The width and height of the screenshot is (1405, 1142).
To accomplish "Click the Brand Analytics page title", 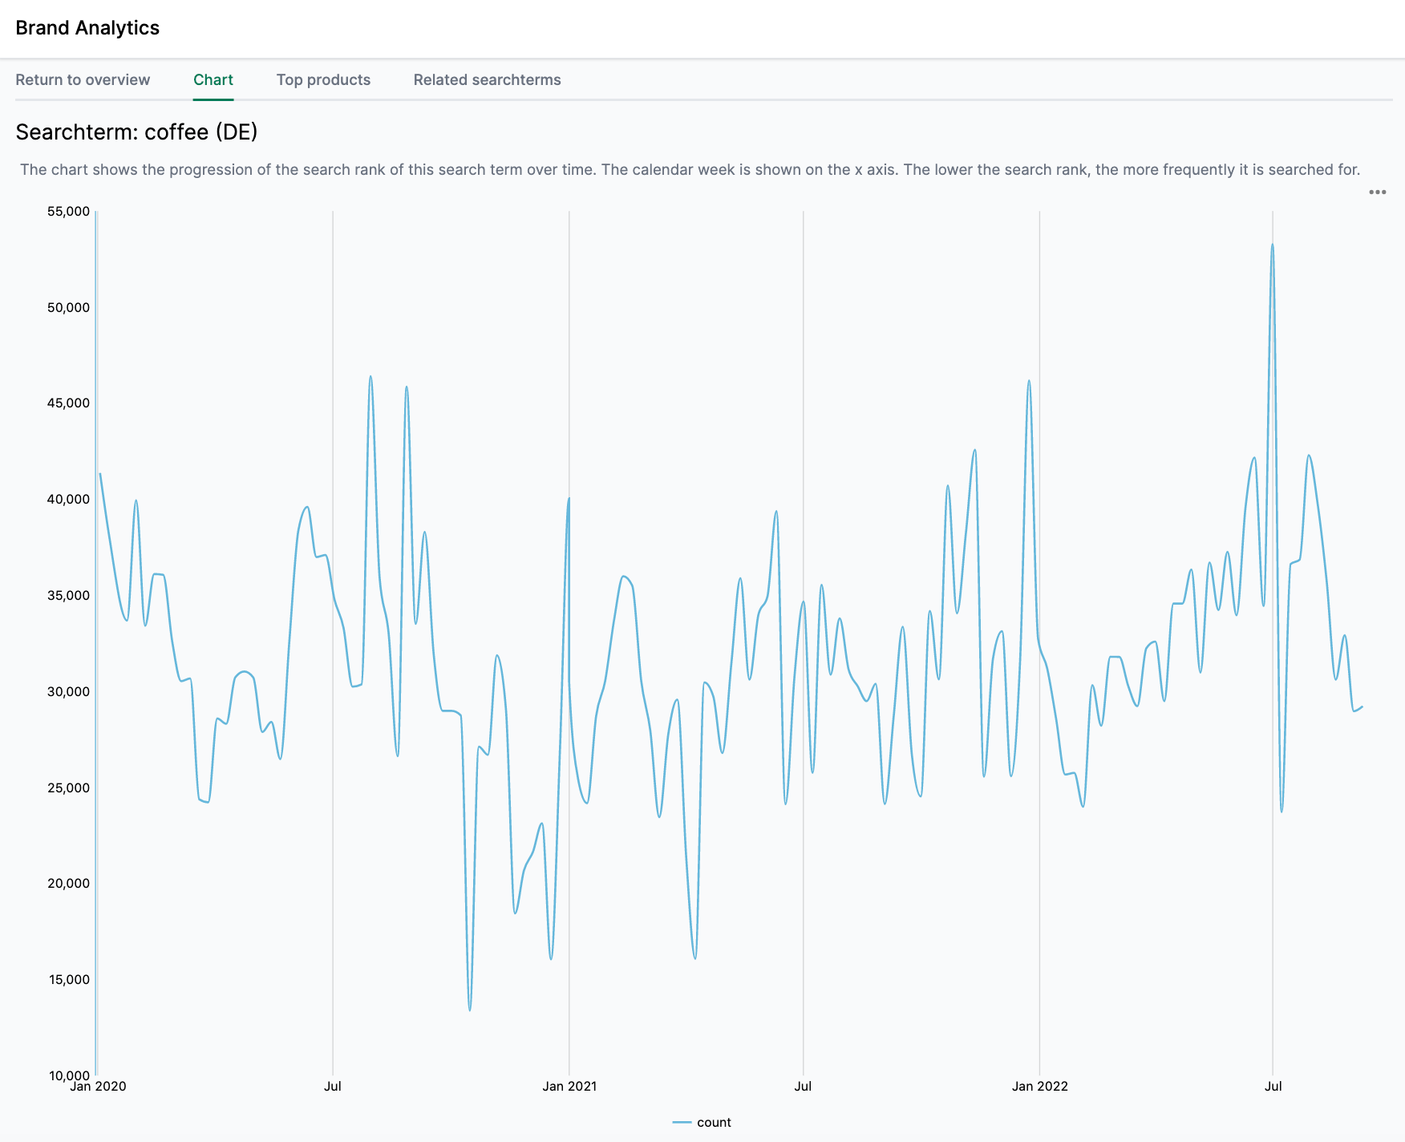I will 87,28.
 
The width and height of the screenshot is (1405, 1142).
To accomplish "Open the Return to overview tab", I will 83,80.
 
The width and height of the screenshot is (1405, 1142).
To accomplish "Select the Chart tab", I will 213,80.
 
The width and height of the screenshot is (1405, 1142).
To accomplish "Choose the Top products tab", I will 323,80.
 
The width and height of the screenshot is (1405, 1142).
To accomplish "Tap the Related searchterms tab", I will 487,80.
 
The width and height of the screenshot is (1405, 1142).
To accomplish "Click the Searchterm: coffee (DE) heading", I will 136,132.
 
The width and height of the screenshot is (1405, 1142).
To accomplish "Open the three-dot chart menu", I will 1377,192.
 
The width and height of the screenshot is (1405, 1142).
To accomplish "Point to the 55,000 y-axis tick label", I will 68,212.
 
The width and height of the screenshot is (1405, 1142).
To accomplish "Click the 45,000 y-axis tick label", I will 68,403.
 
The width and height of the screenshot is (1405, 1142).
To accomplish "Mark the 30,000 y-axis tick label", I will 68,691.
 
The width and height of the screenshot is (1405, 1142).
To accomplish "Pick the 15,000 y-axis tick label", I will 68,980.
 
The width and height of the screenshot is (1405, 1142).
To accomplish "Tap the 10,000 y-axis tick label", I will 68,1075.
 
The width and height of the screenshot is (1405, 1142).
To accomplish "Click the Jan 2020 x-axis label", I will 98,1087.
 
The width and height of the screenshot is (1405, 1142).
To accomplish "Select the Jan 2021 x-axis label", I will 569,1087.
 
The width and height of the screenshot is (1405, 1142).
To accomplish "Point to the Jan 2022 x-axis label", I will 1039,1087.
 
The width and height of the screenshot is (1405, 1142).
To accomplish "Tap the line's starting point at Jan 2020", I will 100,474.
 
